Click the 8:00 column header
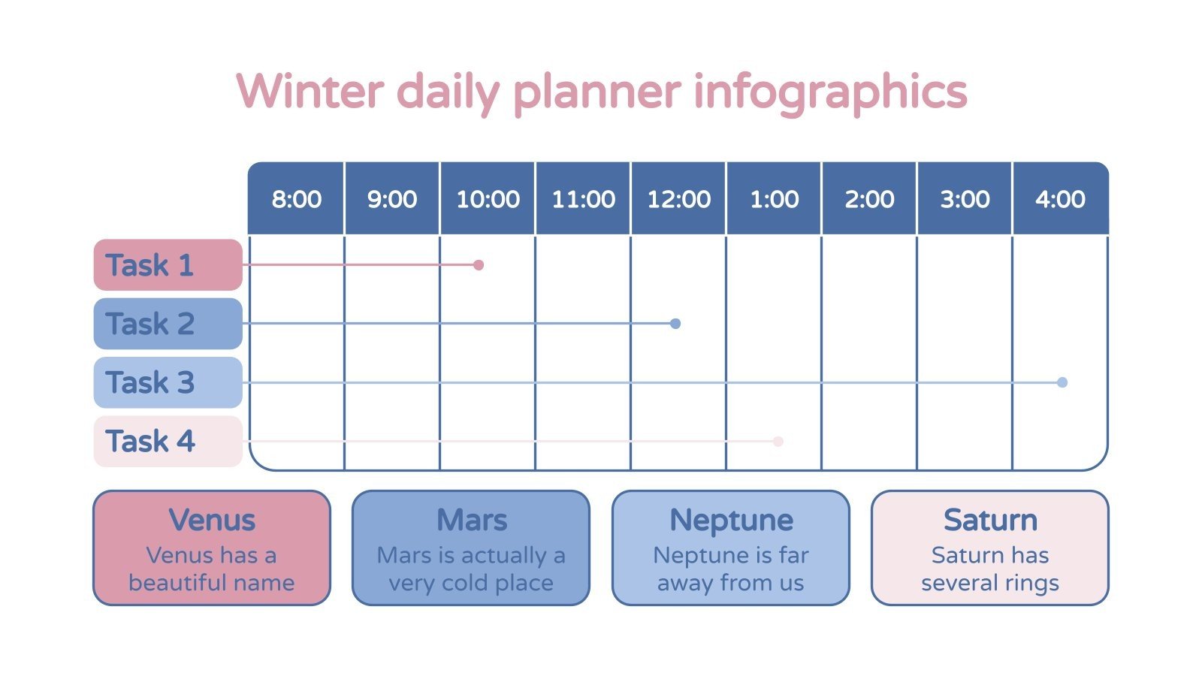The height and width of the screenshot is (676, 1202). pyautogui.click(x=296, y=199)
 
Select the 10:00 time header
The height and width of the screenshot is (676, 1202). pyautogui.click(x=488, y=199)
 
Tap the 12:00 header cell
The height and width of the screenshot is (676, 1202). pyautogui.click(x=678, y=199)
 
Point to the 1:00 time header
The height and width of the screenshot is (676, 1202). pyautogui.click(x=774, y=199)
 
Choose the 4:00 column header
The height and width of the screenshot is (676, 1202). pyautogui.click(x=1060, y=199)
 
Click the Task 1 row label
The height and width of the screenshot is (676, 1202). pyautogui.click(x=168, y=265)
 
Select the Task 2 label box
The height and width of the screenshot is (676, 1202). pyautogui.click(x=168, y=324)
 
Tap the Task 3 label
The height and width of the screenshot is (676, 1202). pyautogui.click(x=168, y=382)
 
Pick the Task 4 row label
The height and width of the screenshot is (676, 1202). pyautogui.click(x=168, y=441)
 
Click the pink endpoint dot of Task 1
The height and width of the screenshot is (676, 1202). pyautogui.click(x=479, y=265)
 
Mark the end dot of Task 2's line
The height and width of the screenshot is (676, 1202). pyautogui.click(x=675, y=324)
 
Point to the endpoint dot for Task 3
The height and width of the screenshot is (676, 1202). pyautogui.click(x=1062, y=382)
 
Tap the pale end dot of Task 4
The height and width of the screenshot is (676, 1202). pyautogui.click(x=778, y=442)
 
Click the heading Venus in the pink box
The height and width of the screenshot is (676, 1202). pyautogui.click(x=212, y=520)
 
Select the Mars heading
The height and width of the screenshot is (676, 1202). pyautogui.click(x=472, y=520)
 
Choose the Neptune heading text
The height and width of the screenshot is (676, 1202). pyautogui.click(x=731, y=520)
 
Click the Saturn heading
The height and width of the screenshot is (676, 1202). pyautogui.click(x=990, y=520)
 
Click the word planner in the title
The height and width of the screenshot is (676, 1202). pyautogui.click(x=596, y=92)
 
